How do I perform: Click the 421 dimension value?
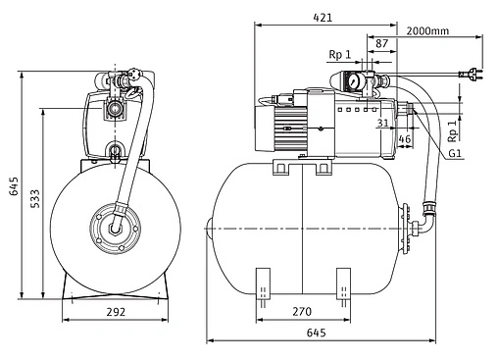323,18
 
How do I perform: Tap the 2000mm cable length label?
427,31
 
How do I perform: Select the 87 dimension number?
381,43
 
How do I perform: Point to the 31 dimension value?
383,123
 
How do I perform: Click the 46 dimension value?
405,139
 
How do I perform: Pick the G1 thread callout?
455,153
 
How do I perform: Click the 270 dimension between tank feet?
302,312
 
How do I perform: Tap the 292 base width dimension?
116,312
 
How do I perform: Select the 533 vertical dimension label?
34,198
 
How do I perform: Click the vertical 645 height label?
14,186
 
